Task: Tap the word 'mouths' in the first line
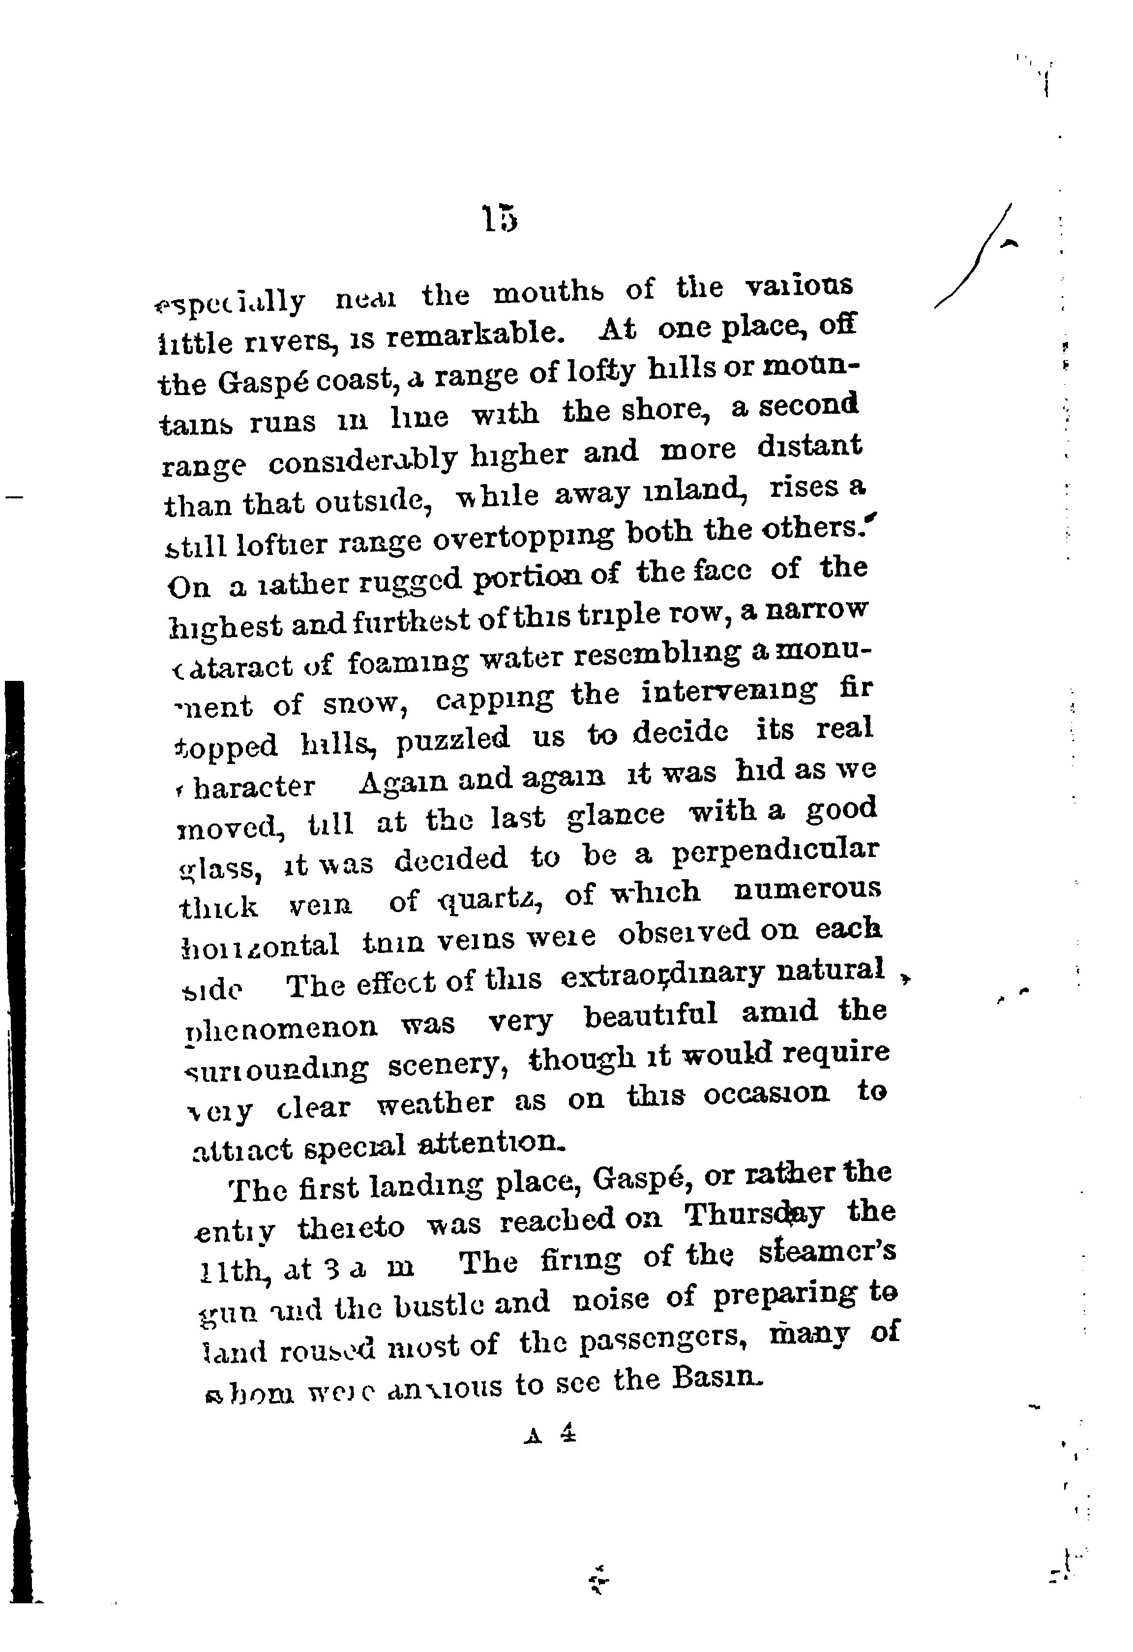coord(549,293)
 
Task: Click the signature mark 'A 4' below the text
coord(548,1435)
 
